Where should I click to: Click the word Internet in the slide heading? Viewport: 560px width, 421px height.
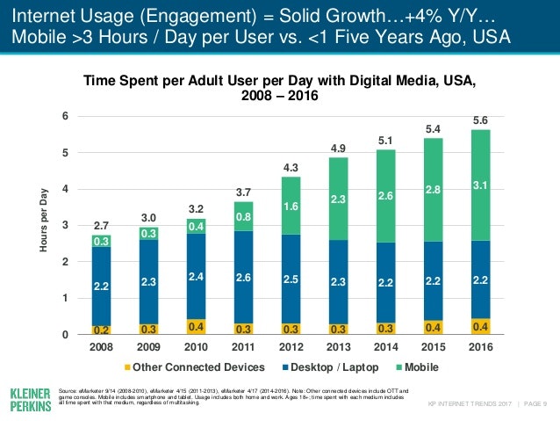(39, 13)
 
